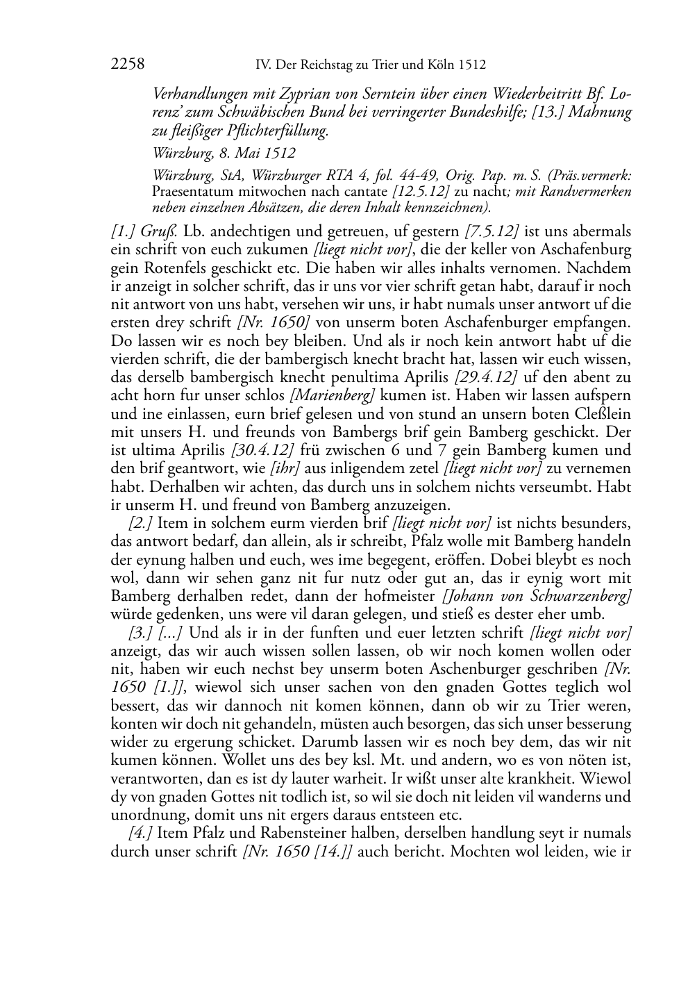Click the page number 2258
127,65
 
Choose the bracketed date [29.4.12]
485,376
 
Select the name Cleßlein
598,413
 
